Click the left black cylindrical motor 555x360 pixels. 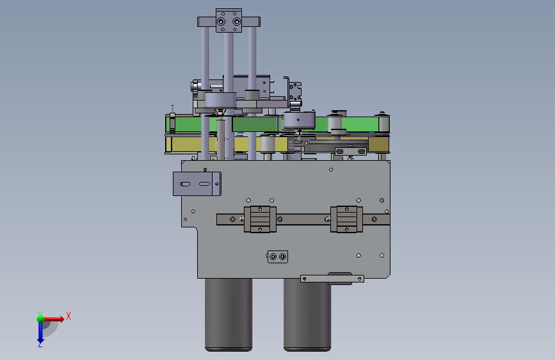tap(229, 315)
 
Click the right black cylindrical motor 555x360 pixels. tap(307, 315)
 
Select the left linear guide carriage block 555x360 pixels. tap(260, 219)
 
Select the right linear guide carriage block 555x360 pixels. tap(346, 219)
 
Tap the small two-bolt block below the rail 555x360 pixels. tap(278, 256)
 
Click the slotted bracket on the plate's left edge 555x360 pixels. tap(197, 184)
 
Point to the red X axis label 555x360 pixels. tap(68, 316)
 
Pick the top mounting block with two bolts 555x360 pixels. tap(229, 21)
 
